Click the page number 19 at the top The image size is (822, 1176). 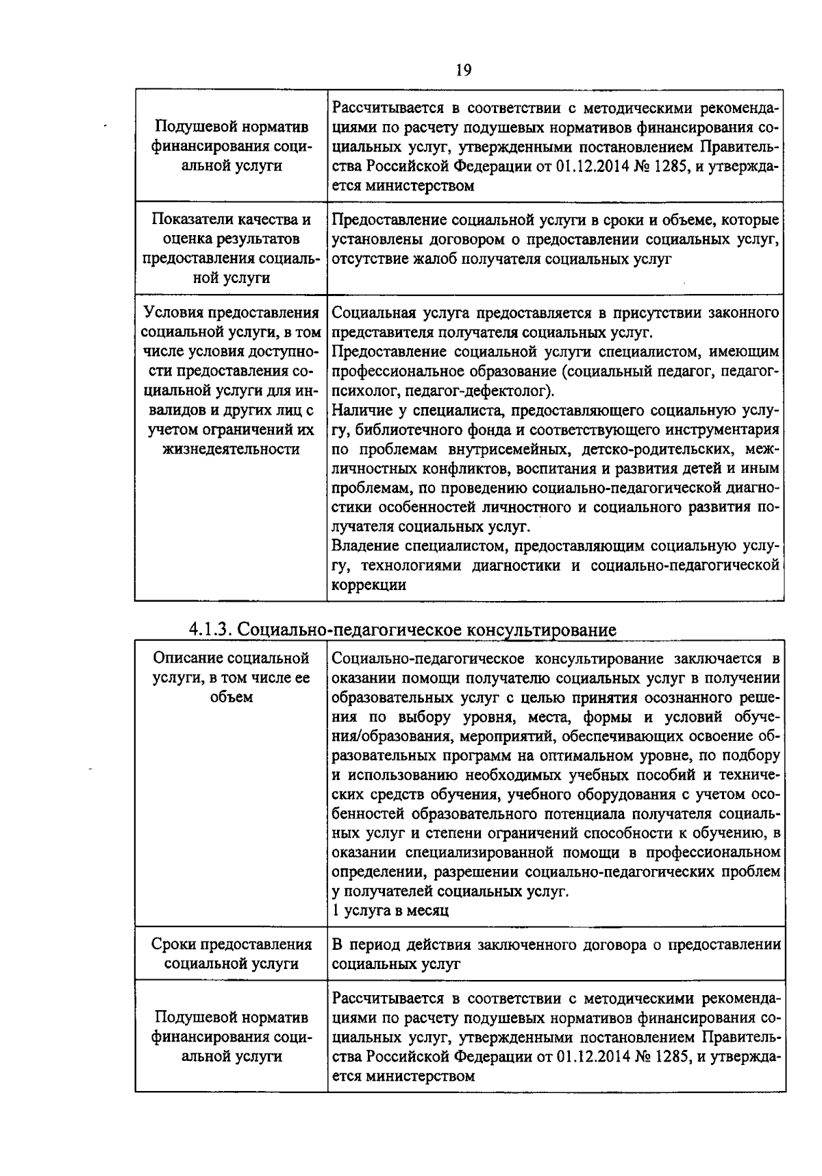(463, 71)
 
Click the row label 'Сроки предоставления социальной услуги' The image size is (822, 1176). (232, 954)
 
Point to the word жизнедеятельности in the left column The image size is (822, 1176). (231, 449)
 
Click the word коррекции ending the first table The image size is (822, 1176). (369, 585)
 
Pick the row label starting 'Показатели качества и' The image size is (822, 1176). (231, 220)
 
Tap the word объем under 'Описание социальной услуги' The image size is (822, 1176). (232, 697)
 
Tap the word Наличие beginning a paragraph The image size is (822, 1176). (362, 411)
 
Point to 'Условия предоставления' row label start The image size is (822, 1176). (232, 313)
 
